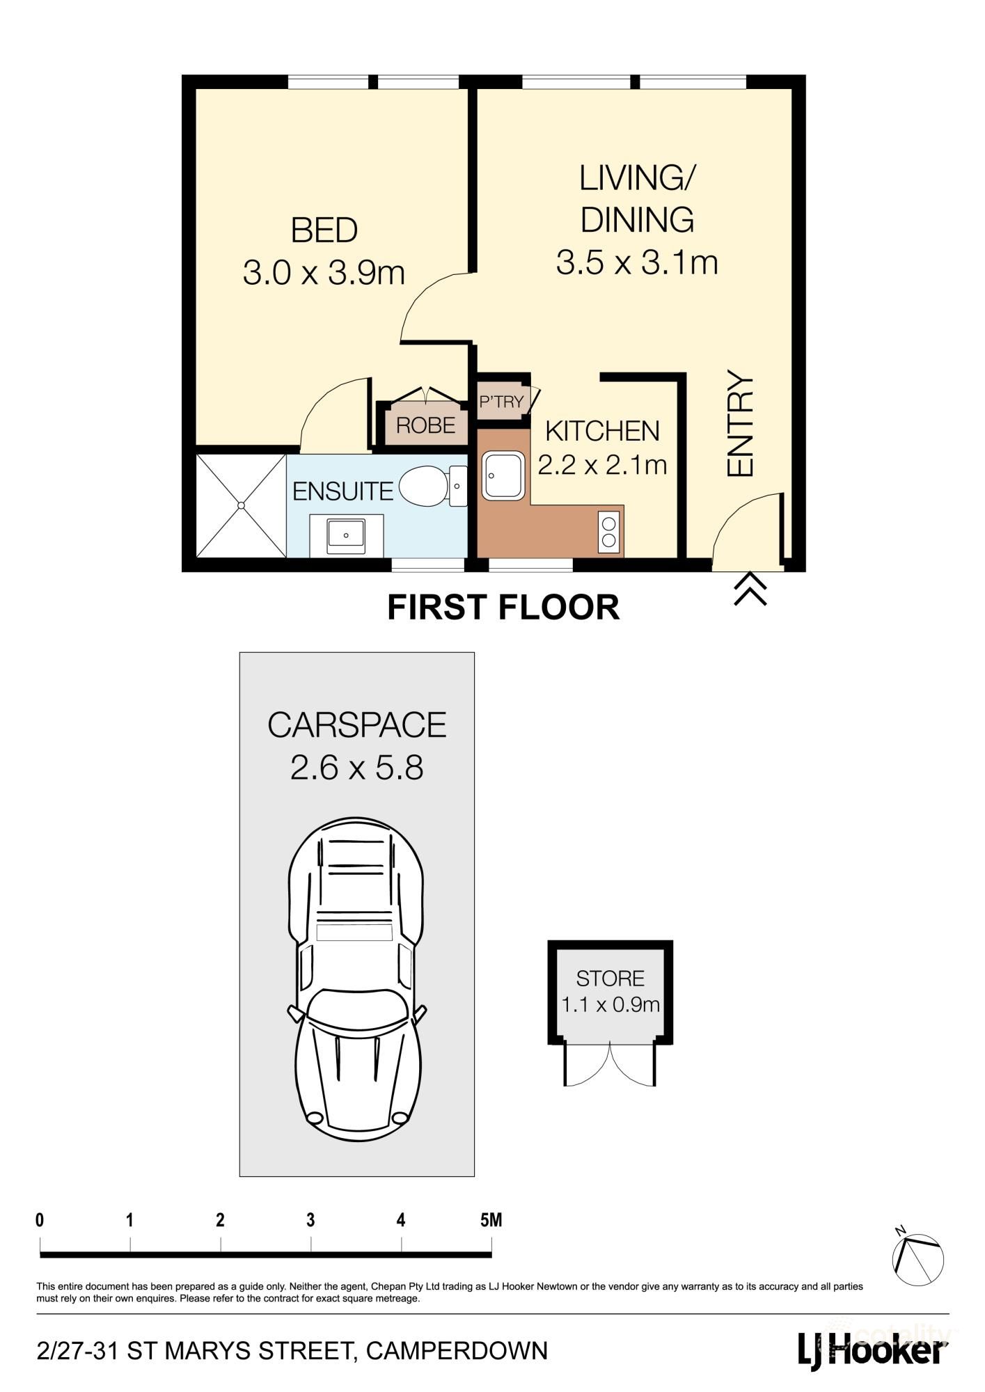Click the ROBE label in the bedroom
pos(425,425)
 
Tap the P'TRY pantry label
pos(501,402)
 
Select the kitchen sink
pos(503,475)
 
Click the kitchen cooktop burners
pos(608,532)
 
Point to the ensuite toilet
pos(423,487)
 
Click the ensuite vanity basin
pos(346,535)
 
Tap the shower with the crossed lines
pos(241,505)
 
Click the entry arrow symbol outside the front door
pos(750,589)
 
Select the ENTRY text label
pos(740,424)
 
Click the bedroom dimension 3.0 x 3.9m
pos(324,273)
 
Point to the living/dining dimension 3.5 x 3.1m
pos(636,263)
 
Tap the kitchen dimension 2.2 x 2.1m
pos(602,464)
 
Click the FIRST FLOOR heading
pos(503,607)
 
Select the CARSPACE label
pos(356,725)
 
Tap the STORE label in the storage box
pos(610,979)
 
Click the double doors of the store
pos(610,1064)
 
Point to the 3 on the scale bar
pos(310,1220)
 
